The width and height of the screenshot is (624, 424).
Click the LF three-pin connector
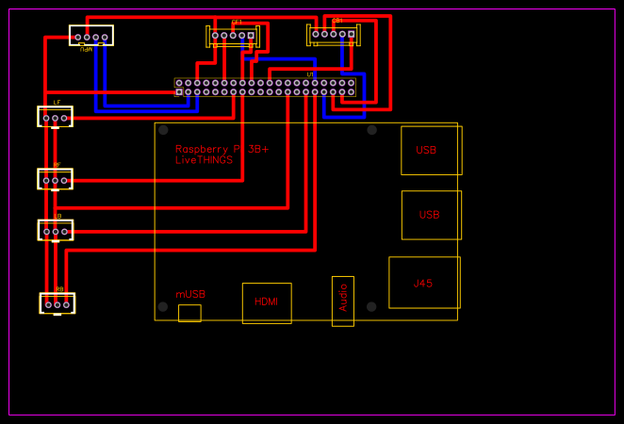55,118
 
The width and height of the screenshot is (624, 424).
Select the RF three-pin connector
55,179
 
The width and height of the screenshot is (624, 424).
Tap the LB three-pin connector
55,231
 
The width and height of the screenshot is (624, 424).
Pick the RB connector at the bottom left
57,303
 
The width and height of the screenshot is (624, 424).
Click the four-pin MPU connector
90,37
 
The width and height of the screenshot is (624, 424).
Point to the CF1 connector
233,36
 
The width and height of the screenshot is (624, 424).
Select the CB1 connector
334,35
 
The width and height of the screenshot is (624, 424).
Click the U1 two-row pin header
265,88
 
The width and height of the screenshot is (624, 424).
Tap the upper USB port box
431,150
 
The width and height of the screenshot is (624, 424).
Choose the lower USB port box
431,215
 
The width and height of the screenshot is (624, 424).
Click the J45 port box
424,283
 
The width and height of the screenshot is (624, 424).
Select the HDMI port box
267,302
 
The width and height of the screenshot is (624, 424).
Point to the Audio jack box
343,301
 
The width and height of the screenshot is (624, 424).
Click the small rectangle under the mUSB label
189,313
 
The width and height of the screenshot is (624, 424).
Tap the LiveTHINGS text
204,161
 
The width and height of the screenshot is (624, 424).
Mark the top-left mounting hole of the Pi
163,130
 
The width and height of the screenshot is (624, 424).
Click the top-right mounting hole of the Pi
371,130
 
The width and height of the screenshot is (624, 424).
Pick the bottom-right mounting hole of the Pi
371,306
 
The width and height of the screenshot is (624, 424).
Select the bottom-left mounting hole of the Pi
163,306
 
